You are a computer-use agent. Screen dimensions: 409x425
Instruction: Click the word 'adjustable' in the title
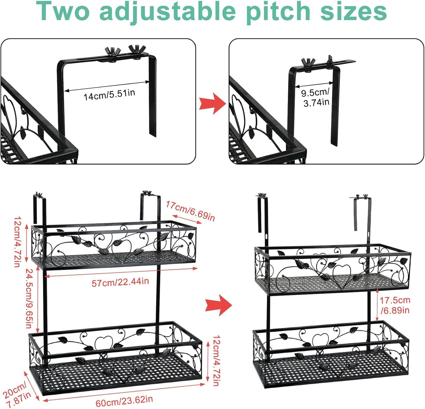(x=167, y=11)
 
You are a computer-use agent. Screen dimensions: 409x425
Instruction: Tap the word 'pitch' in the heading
(x=278, y=11)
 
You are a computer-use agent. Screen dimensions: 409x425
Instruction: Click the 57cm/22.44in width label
(x=120, y=282)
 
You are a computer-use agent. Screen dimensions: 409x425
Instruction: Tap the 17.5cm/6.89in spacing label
(x=395, y=305)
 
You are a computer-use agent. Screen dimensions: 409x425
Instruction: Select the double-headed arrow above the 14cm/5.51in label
(x=106, y=86)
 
